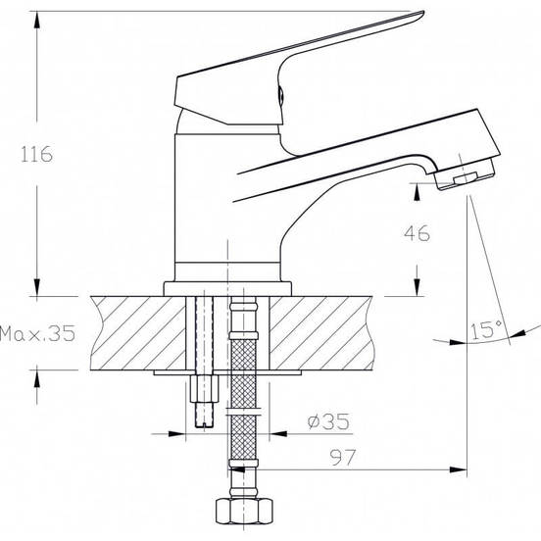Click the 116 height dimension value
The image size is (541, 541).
tap(37, 154)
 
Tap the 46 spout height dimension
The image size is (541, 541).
tap(418, 233)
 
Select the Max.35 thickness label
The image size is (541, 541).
tap(37, 333)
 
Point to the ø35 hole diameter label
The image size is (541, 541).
tap(328, 421)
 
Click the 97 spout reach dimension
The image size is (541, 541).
tap(343, 457)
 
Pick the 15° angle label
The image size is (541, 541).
tap(486, 329)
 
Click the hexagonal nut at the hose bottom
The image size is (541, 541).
tap(244, 511)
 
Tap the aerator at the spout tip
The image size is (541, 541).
tap(465, 174)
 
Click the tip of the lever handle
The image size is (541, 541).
tap(422, 13)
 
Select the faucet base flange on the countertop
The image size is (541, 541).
tap(227, 289)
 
